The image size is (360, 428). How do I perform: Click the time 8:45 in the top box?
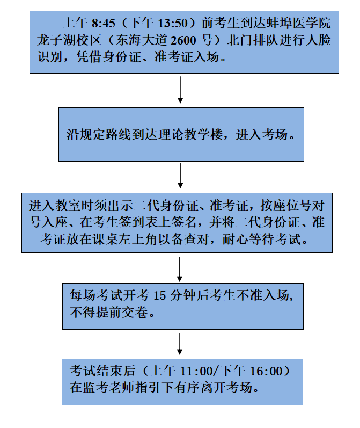pos(104,23)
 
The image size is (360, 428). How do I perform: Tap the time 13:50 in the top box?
pos(173,23)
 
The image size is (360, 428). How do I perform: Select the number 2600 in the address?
pos(183,40)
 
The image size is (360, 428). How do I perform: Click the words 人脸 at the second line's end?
pos(318,40)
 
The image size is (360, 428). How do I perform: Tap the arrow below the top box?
pos(180,90)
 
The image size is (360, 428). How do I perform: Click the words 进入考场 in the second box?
pos(261,135)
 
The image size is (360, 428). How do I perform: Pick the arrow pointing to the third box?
pos(180,176)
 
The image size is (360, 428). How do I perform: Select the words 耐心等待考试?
pos(261,240)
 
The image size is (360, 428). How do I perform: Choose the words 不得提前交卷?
pos(108,312)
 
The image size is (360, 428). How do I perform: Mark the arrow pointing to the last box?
pos(179,344)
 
